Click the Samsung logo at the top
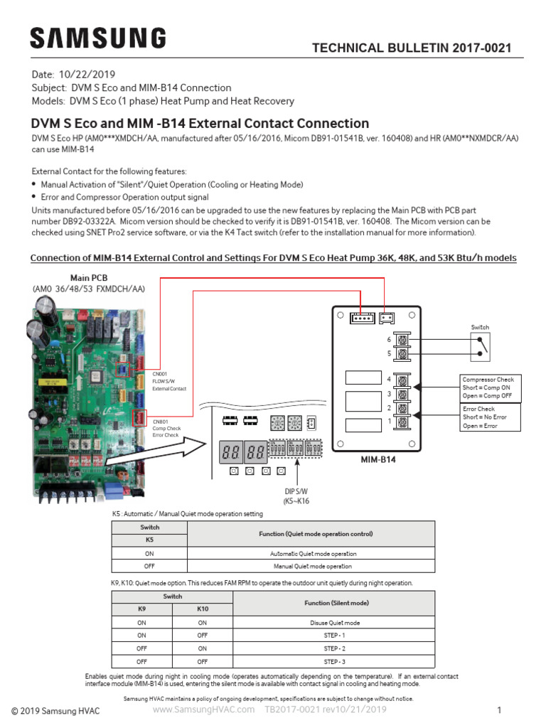tap(98, 38)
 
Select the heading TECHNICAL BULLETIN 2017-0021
tap(412, 48)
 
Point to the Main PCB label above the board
tap(89, 277)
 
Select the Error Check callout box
tap(490, 417)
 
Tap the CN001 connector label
tap(160, 373)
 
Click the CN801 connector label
tap(160, 422)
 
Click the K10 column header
tap(203, 609)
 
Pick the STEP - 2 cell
tap(334, 648)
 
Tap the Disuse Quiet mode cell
tap(334, 622)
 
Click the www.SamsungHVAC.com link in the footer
tap(203, 710)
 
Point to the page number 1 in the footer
tap(499, 710)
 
